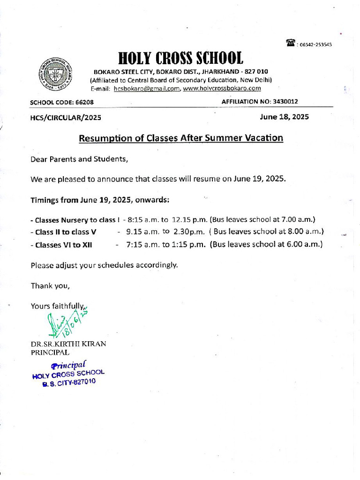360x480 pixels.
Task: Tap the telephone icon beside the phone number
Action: (290, 44)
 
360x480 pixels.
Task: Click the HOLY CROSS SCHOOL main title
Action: (180, 59)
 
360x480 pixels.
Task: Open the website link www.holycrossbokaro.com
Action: (222, 89)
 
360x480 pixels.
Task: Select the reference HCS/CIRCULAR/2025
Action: (65, 117)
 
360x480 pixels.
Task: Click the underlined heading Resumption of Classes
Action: (180, 138)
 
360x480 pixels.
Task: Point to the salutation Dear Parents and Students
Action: (79, 159)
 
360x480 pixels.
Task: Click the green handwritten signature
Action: (66, 323)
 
